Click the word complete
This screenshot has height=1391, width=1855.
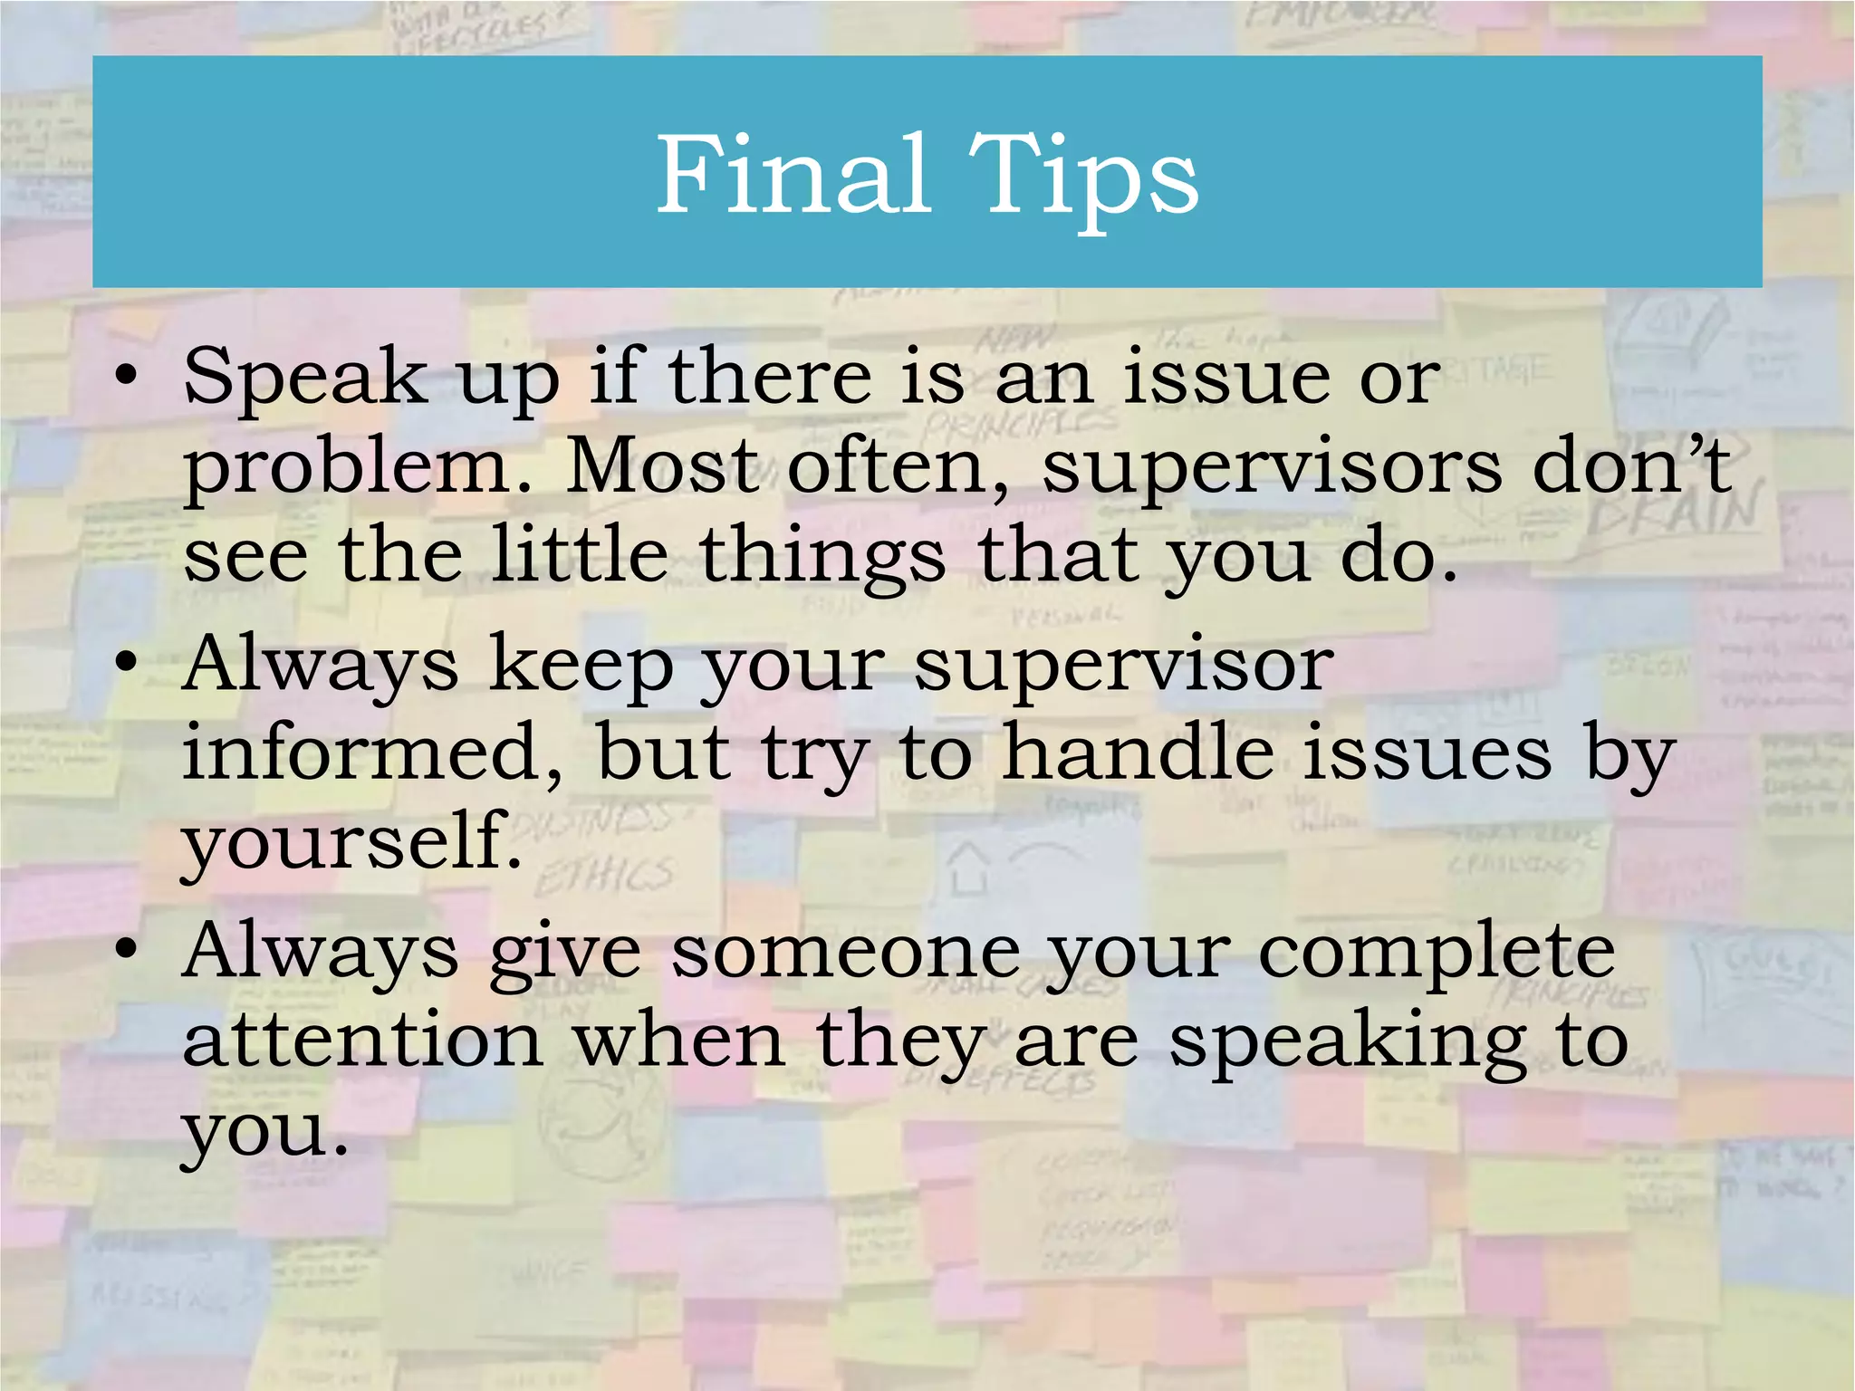click(x=1437, y=954)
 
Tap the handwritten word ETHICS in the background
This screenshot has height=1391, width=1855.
click(x=603, y=876)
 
